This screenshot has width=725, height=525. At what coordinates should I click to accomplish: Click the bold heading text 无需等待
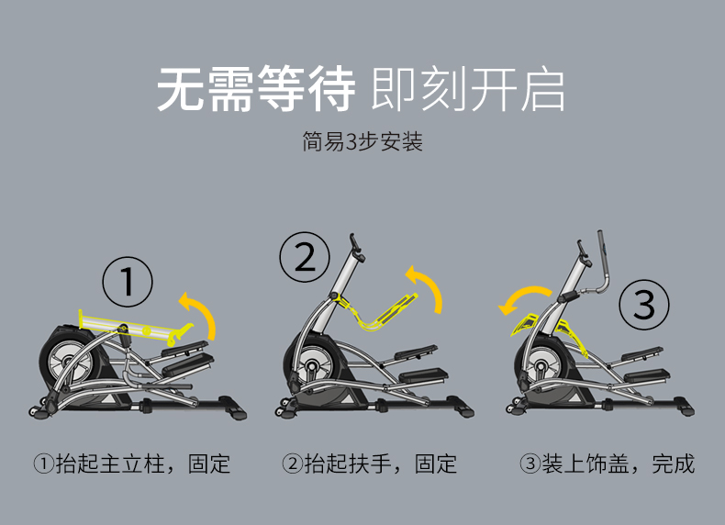click(256, 89)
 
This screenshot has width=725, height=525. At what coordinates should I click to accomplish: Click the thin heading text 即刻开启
click(467, 89)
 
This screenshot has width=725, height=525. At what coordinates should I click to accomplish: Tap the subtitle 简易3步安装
click(362, 141)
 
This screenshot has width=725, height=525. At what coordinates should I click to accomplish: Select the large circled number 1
click(128, 282)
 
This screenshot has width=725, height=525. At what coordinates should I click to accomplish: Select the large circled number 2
click(305, 257)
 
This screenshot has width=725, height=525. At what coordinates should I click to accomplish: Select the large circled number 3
click(644, 305)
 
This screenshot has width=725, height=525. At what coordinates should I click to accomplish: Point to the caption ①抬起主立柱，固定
click(132, 464)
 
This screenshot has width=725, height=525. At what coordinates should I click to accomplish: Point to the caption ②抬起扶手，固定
click(370, 464)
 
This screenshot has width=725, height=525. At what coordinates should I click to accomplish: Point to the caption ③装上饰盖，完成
click(608, 464)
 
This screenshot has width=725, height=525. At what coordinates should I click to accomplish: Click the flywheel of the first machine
click(71, 361)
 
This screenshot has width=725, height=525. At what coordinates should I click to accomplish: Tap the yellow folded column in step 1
click(134, 327)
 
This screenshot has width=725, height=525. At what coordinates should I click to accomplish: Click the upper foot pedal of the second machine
click(416, 352)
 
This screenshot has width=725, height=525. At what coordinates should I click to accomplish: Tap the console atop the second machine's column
click(357, 249)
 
